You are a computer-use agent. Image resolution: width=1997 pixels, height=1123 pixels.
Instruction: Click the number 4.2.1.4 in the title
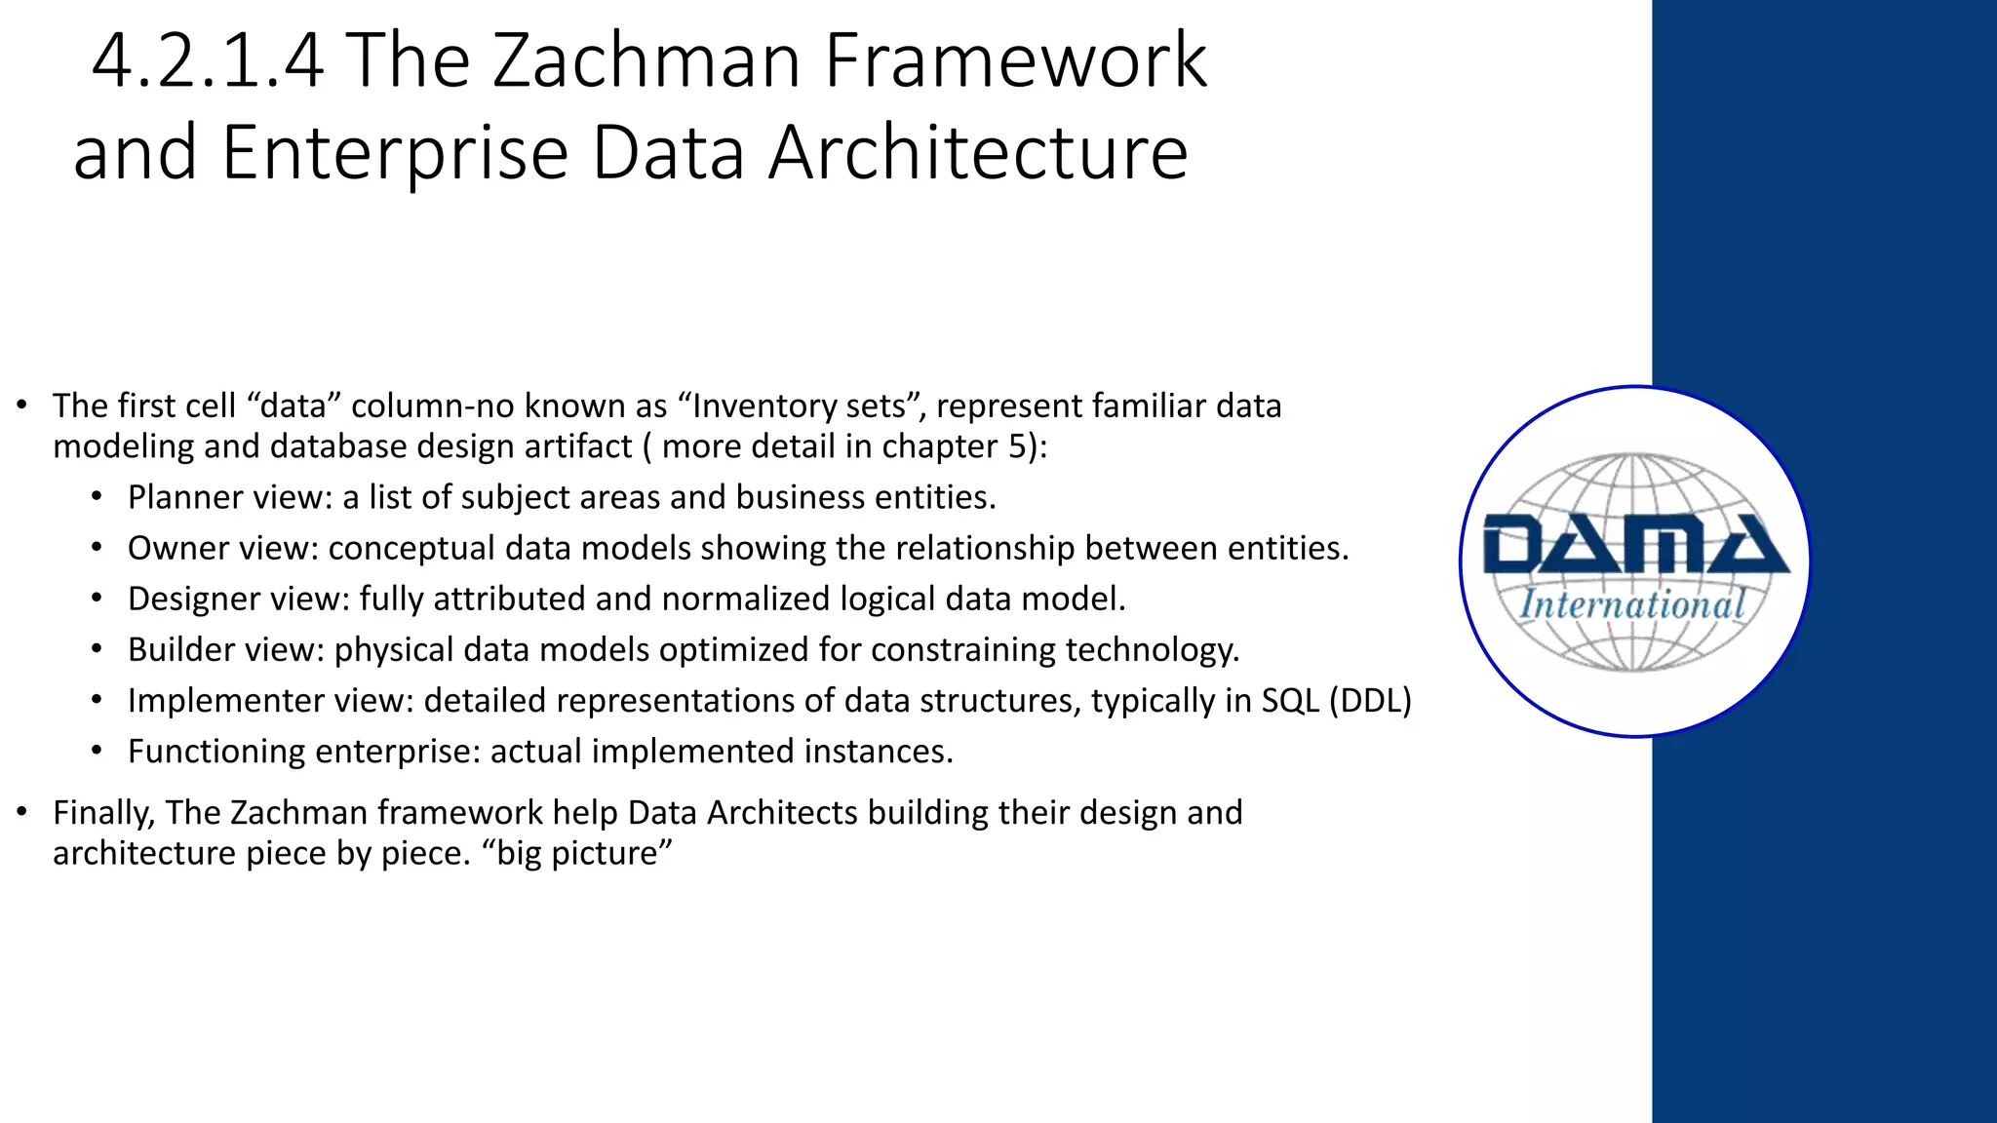(207, 61)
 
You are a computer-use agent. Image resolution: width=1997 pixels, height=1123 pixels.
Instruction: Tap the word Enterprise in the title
(395, 153)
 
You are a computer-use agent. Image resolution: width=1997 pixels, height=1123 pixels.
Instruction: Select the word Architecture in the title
(978, 153)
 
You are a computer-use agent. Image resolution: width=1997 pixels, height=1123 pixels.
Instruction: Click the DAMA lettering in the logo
(1635, 545)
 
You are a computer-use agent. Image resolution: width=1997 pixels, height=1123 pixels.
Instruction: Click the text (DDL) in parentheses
(1370, 701)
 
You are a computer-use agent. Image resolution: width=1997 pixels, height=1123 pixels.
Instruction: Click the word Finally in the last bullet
(103, 813)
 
